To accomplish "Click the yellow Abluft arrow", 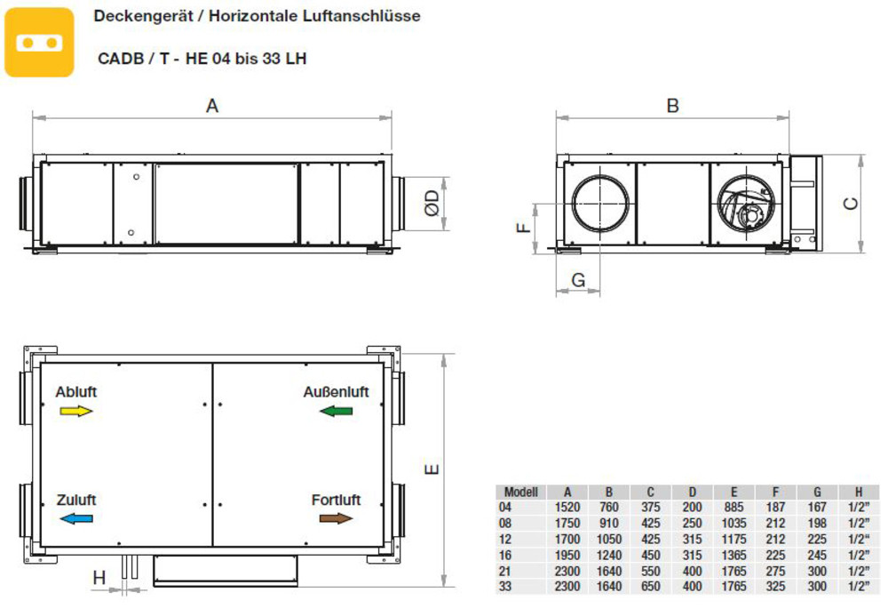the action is (x=75, y=411).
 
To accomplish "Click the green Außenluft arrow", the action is (x=336, y=411).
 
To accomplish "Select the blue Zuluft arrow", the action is (x=75, y=517).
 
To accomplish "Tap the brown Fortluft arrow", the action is (x=336, y=517).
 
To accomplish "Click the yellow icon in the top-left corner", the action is (x=39, y=42).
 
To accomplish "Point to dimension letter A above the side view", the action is (x=212, y=106).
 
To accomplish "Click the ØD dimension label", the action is (x=432, y=203).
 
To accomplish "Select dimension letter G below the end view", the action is (x=578, y=279).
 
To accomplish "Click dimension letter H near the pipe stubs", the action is (x=99, y=578).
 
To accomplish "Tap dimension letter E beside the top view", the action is (x=432, y=469).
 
